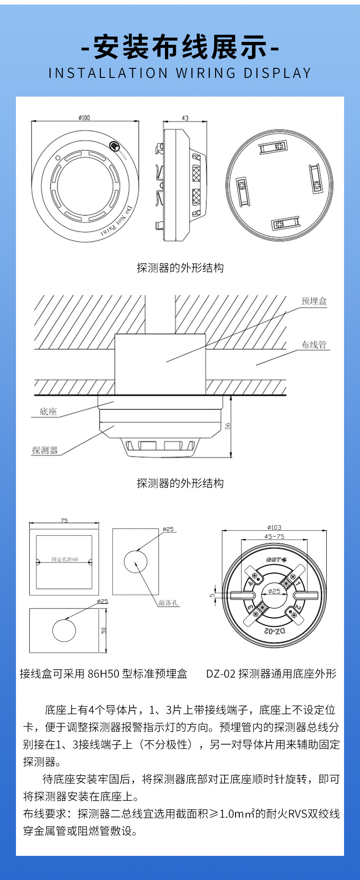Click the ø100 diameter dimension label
84,118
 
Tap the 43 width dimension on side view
185,118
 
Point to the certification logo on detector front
114,147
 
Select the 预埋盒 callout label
314,301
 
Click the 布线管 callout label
314,345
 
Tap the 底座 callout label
48,412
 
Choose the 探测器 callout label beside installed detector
45,450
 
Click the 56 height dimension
228,426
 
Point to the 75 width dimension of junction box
64,521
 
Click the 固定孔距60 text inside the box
64,559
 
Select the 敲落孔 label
168,603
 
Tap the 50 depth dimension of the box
104,630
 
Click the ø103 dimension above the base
274,527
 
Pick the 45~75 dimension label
274,537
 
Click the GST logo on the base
275,559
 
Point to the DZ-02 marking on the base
275,631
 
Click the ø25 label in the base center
274,591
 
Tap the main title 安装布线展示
180,47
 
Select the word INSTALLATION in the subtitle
108,73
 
